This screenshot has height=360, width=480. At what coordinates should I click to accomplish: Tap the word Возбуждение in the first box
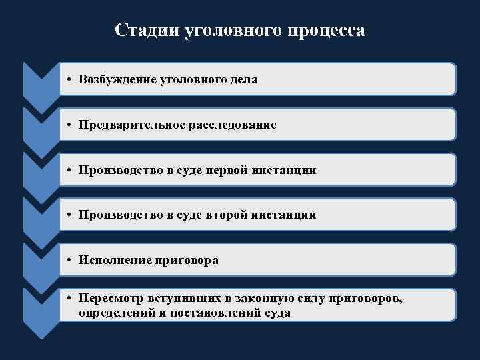[x=117, y=79]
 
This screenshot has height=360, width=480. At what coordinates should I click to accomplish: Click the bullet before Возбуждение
[x=69, y=80]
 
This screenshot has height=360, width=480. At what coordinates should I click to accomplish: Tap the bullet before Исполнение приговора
[x=69, y=261]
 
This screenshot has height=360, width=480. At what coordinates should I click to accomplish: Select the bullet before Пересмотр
[x=69, y=299]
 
